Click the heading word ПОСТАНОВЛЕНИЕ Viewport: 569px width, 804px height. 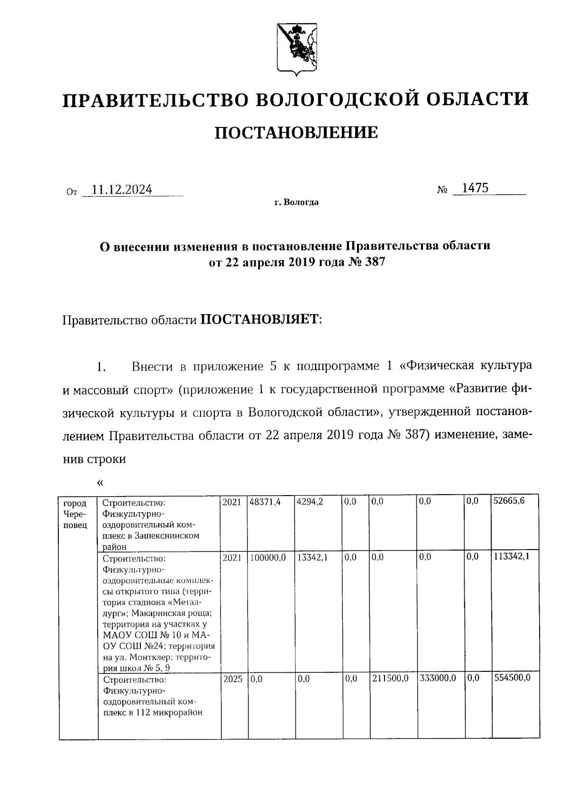(296, 133)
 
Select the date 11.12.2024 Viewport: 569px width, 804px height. (122, 190)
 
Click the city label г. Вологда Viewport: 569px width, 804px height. (296, 203)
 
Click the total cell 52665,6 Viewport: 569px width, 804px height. (509, 502)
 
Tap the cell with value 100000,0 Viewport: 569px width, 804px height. (268, 558)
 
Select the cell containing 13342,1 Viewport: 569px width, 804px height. (312, 558)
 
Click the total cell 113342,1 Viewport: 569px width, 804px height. (512, 558)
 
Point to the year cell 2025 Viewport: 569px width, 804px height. (232, 678)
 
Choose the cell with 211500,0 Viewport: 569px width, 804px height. (390, 678)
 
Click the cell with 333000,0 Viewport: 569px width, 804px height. (438, 678)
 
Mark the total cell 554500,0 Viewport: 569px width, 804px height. (512, 678)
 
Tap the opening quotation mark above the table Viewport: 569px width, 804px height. (100, 483)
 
